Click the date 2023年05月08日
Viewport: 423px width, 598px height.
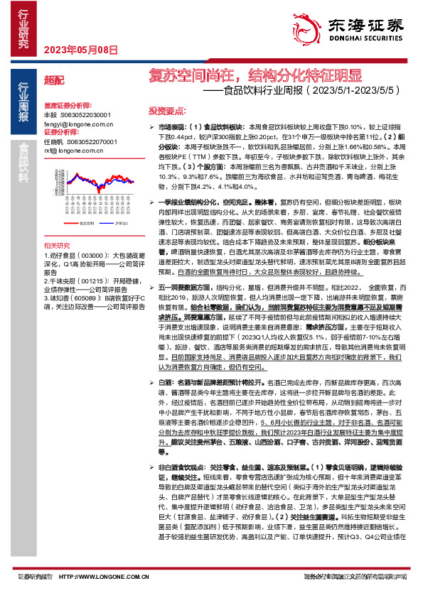tap(70, 49)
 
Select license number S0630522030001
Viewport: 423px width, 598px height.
tap(86, 114)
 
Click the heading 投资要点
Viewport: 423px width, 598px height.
tap(166, 111)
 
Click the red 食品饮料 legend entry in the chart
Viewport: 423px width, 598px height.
tap(90, 222)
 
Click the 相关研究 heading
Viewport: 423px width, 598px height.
tap(58, 245)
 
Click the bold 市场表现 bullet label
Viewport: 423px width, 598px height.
tap(173, 126)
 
